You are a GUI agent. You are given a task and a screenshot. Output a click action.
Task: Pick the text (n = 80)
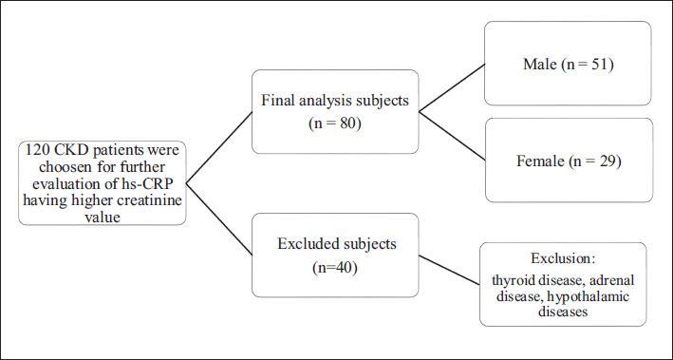pyautogui.click(x=335, y=123)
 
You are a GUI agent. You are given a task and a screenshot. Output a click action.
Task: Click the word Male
pyautogui.click(x=539, y=64)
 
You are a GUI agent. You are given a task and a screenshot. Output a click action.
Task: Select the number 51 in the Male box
pyautogui.click(x=599, y=64)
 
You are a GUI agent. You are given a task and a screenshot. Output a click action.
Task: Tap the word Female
pyautogui.click(x=540, y=161)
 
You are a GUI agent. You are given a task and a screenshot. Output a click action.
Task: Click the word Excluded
pyautogui.click(x=304, y=243)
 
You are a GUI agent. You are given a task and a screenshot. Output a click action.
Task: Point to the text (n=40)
pyautogui.click(x=335, y=267)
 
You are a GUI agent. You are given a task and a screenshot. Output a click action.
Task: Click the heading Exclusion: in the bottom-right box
pyautogui.click(x=563, y=258)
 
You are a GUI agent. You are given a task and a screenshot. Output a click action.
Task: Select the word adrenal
pyautogui.click(x=611, y=280)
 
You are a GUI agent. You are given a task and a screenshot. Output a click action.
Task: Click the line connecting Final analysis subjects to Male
pyautogui.click(x=452, y=87)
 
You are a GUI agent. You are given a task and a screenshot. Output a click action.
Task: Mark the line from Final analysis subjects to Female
pyautogui.click(x=452, y=136)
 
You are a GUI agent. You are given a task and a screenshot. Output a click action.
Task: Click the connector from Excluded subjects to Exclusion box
pyautogui.click(x=449, y=270)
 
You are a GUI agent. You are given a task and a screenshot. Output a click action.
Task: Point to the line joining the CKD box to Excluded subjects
pyautogui.click(x=219, y=219)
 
